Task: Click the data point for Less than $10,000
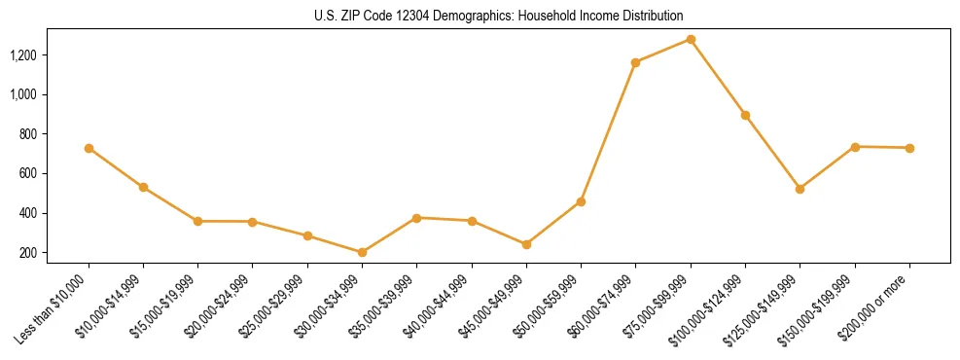pos(89,148)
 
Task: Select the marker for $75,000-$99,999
pos(691,39)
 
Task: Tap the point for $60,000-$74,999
pos(635,62)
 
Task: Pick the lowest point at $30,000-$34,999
pos(362,252)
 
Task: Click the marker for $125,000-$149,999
pos(800,189)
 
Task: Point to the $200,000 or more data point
pos(909,148)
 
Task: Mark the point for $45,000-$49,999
pos(526,244)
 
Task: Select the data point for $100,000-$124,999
pos(745,115)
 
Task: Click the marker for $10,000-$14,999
pos(143,187)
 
